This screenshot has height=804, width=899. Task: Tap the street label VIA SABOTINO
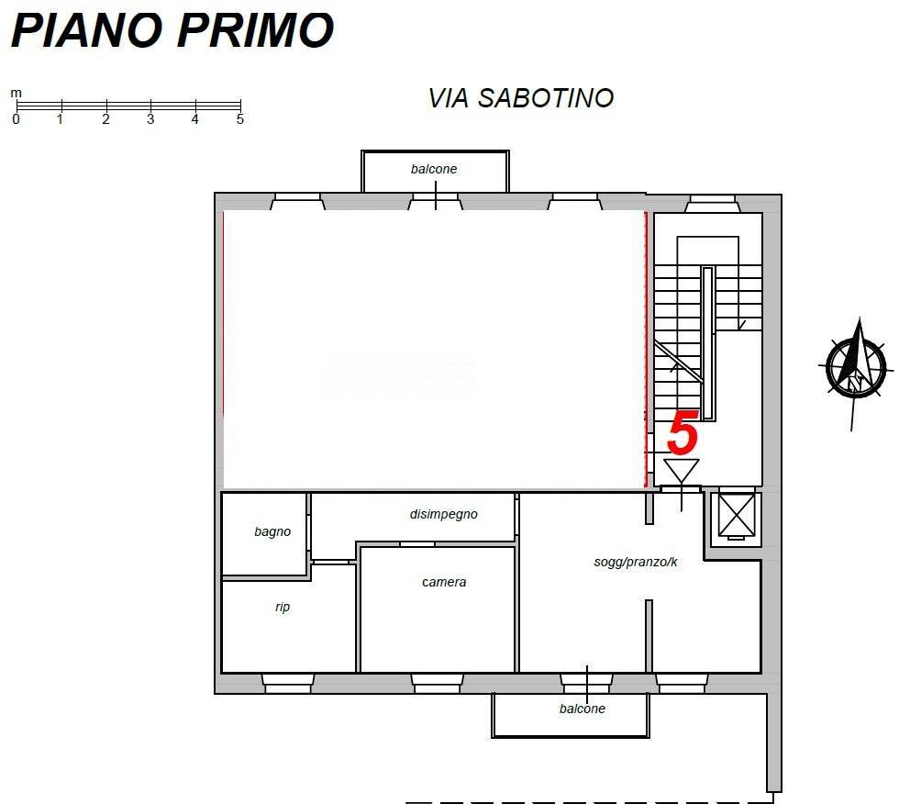(x=520, y=98)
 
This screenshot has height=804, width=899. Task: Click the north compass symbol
(x=855, y=367)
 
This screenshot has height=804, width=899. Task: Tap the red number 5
(x=683, y=433)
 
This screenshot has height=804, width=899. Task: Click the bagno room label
(x=272, y=531)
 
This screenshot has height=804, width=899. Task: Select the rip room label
(x=283, y=607)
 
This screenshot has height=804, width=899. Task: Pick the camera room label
(x=444, y=582)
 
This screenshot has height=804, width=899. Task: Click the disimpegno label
(x=443, y=514)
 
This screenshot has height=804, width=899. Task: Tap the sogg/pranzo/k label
(x=636, y=562)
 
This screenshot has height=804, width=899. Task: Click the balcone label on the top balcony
(x=434, y=169)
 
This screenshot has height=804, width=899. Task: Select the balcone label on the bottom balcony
(x=583, y=709)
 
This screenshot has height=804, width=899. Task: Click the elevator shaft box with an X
(x=736, y=515)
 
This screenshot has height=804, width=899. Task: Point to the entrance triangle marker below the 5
(x=682, y=470)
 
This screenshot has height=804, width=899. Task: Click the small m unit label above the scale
(x=16, y=93)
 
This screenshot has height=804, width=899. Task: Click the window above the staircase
(x=712, y=203)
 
